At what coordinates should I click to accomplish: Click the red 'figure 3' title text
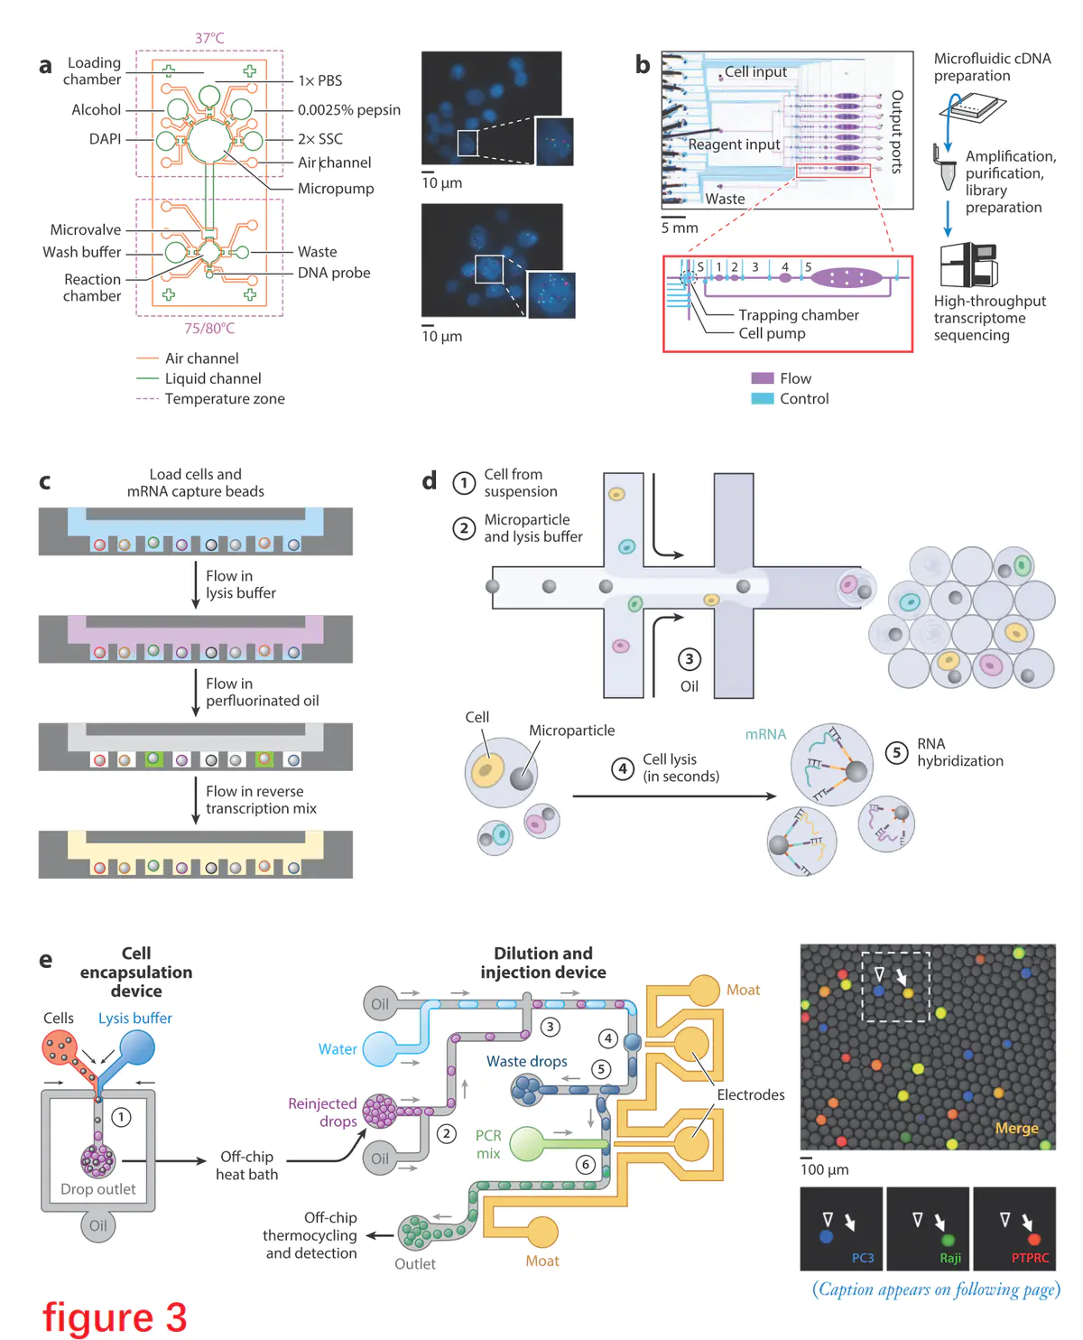pos(115,1317)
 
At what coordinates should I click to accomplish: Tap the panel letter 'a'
pos(45,66)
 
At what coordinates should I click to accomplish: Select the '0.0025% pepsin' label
pos(348,109)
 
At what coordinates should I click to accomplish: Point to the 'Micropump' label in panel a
pos(336,188)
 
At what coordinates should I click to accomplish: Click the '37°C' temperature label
pos(209,38)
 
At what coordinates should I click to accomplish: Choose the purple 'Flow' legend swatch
pos(763,378)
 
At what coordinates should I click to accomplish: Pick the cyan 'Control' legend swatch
pos(763,398)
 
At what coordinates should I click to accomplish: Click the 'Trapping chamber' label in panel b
pos(798,314)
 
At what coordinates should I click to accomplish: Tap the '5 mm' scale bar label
pos(680,228)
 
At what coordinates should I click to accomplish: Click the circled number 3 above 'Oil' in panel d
pos(690,659)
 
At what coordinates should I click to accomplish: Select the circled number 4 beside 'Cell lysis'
pos(622,768)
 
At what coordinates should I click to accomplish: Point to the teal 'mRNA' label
pos(765,734)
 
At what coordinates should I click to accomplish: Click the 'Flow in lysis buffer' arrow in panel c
pos(196,584)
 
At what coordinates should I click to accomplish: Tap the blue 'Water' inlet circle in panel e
pos(379,1048)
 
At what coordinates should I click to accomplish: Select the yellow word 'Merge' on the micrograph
pos(1016,1128)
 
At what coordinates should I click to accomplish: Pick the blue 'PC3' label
pos(863,1258)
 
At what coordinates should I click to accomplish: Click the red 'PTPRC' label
pos(1030,1258)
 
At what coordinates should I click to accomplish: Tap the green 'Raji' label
pos(950,1258)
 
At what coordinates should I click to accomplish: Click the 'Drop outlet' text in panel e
pos(97,1189)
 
